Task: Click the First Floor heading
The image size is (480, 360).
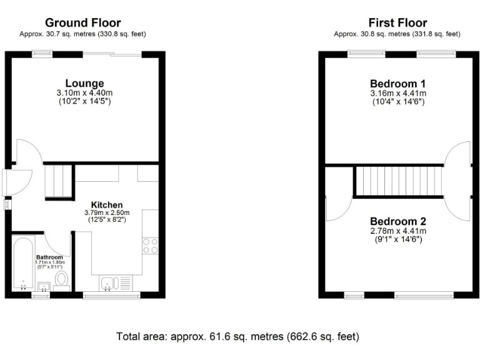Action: tap(397, 23)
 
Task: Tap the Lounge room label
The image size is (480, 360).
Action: tap(84, 83)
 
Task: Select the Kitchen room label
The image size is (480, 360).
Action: tap(107, 204)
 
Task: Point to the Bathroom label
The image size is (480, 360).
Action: tap(49, 257)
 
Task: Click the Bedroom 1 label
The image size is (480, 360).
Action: tap(398, 83)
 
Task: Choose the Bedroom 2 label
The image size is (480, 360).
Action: tap(398, 221)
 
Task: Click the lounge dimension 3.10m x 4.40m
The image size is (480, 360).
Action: tap(84, 92)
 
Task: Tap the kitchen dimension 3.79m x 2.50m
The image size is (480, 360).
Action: tap(107, 212)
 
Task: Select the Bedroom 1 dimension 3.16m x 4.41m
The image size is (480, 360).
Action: tap(398, 92)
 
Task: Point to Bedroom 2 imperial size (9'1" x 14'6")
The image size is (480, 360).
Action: tap(398, 239)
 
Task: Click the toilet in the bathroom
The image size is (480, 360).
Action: tap(61, 278)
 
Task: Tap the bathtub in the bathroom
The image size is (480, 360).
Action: tap(22, 262)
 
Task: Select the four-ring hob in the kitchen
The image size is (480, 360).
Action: tap(150, 246)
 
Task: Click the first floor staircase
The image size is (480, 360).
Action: tap(398, 181)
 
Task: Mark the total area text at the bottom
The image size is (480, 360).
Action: tap(238, 336)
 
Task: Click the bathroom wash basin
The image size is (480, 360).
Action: tap(44, 286)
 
